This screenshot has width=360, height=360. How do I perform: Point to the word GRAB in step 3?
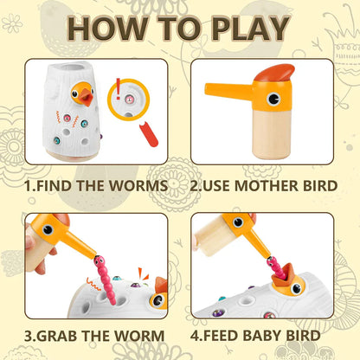57,336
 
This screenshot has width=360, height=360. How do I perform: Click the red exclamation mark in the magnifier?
118,89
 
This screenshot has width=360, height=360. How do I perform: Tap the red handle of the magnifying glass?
149,134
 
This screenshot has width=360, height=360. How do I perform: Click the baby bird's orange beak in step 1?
87,97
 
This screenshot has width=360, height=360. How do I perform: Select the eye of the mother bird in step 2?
273,99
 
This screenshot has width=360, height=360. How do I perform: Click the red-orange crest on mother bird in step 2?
275,73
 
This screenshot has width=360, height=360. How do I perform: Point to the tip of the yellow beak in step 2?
206,89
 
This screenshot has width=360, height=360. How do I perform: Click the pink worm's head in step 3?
99,261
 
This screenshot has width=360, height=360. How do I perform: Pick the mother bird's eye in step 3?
48,230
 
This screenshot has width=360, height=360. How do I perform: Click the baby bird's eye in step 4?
296,288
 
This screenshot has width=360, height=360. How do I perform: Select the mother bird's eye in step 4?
238,222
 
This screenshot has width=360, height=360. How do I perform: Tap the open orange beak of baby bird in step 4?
283,275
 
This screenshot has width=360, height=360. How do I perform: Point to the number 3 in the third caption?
29,336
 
